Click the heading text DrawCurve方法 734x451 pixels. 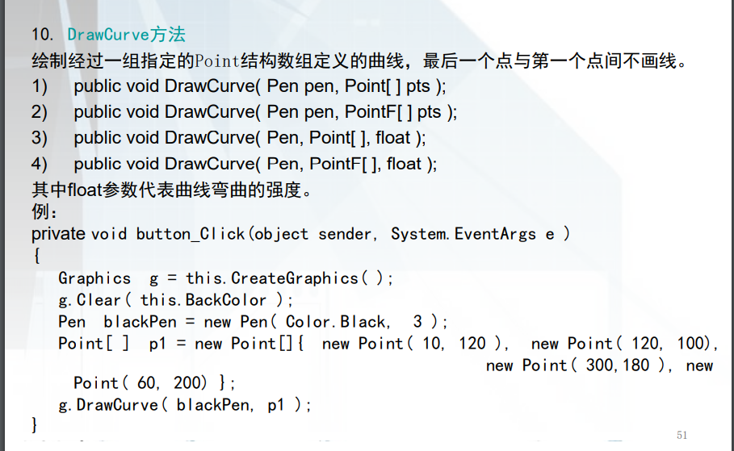click(x=127, y=35)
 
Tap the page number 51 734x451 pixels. click(x=682, y=435)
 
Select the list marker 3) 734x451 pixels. click(x=40, y=138)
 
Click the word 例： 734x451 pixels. click(x=44, y=213)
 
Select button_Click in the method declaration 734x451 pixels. click(x=191, y=234)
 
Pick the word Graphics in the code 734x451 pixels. click(x=94, y=278)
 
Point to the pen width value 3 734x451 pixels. click(x=417, y=322)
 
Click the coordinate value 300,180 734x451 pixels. click(x=618, y=365)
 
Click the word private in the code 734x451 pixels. click(x=58, y=234)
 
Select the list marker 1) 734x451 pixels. click(x=40, y=86)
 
